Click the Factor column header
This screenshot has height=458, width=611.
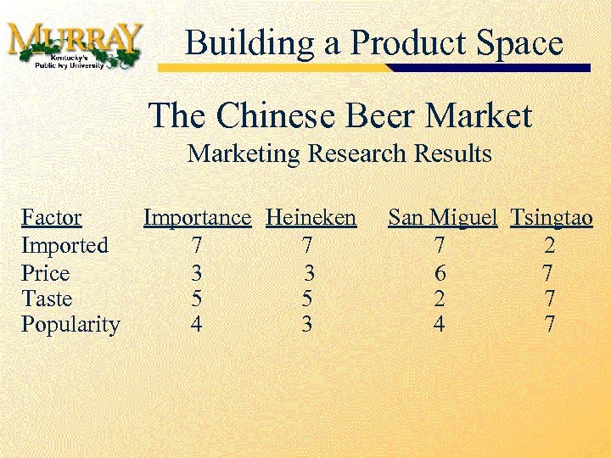tap(51, 218)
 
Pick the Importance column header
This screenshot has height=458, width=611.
tap(197, 218)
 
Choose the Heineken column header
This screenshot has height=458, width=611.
tap(311, 218)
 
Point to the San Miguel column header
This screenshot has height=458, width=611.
tap(442, 218)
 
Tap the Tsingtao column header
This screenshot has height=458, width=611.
tap(552, 218)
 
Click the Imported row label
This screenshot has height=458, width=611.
tap(64, 246)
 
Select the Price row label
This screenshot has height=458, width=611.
tap(45, 273)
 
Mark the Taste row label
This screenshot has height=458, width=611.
tap(47, 299)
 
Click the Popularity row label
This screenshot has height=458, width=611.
tap(70, 325)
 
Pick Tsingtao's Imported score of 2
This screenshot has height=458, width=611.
tap(550, 246)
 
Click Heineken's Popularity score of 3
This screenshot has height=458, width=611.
tap(306, 325)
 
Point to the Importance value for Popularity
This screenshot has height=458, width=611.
tap(197, 325)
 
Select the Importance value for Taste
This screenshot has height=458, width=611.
tap(197, 299)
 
